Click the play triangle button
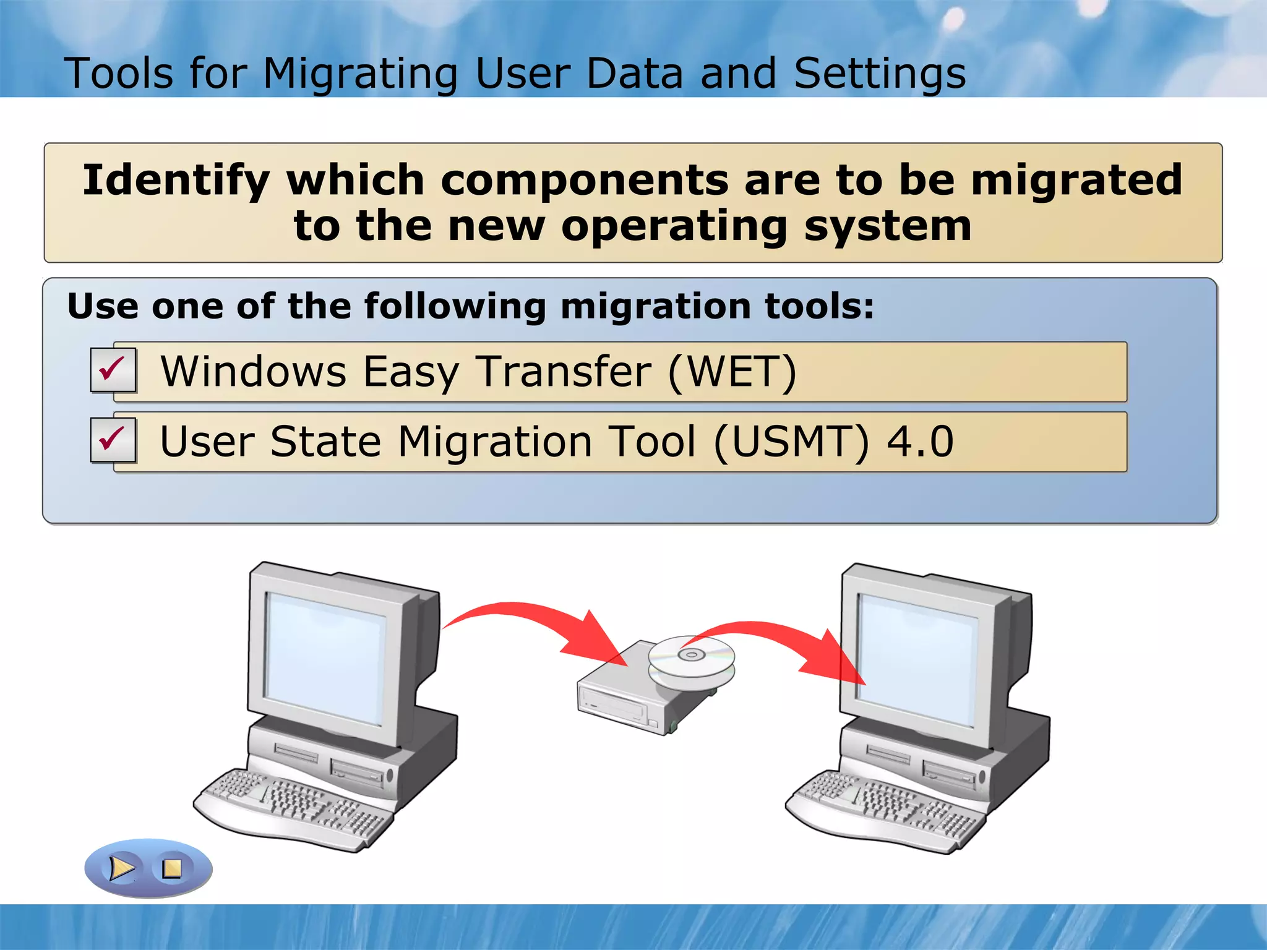pyautogui.click(x=122, y=868)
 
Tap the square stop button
pyautogui.click(x=171, y=868)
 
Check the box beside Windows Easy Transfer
pyautogui.click(x=113, y=370)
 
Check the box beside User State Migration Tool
pyautogui.click(x=113, y=440)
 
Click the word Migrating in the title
pyautogui.click(x=360, y=74)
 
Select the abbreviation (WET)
pyautogui.click(x=732, y=372)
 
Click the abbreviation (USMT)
pyautogui.click(x=791, y=442)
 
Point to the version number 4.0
pyautogui.click(x=920, y=442)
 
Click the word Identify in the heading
pyautogui.click(x=176, y=180)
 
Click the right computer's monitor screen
pyautogui.click(x=916, y=659)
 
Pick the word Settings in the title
pyautogui.click(x=879, y=74)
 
